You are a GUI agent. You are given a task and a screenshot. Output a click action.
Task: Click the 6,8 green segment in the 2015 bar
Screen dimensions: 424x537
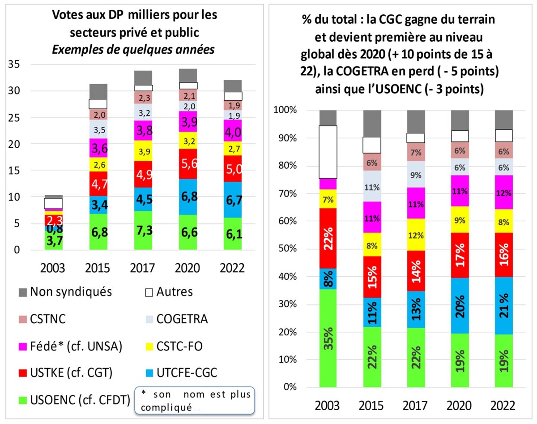click(98, 232)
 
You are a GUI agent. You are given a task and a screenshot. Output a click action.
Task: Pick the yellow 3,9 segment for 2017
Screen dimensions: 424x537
click(143, 151)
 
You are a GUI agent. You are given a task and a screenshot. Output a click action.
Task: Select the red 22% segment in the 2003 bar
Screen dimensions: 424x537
click(328, 238)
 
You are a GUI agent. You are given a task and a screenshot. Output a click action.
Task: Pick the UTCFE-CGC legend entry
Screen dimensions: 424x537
click(184, 373)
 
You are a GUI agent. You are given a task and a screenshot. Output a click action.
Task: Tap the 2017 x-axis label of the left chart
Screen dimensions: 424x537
click(143, 268)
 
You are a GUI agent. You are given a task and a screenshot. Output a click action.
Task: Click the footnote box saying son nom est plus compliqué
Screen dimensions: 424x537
click(195, 400)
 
